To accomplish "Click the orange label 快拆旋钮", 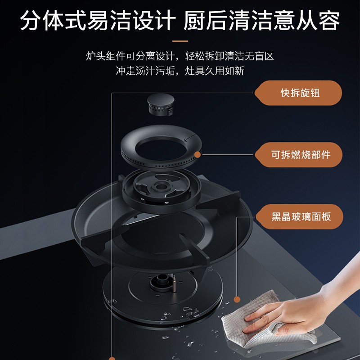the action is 298,93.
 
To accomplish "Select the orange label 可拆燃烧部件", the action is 299,155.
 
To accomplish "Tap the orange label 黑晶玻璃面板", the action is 299,216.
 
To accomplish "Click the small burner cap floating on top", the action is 161,104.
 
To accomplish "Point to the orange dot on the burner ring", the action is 198,154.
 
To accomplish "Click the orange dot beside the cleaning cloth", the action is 237,299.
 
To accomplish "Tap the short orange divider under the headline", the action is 180,41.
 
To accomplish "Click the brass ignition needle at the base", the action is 174,284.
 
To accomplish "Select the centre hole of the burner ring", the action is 161,150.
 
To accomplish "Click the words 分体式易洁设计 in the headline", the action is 98,20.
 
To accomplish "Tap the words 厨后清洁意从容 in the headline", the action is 261,20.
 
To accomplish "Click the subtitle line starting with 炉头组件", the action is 180,56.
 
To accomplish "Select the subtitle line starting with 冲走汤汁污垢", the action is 180,71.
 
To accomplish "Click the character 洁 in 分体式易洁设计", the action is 121,20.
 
